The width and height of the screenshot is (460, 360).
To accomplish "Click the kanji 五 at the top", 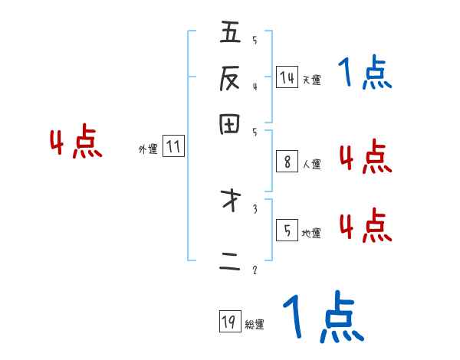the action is coord(229,33).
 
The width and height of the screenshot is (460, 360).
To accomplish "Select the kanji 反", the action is coord(229,78).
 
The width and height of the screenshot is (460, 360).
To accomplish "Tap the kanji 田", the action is coord(229,124).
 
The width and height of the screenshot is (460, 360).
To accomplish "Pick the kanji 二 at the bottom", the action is coord(229,262).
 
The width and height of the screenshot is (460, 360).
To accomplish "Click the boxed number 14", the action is coord(286,77).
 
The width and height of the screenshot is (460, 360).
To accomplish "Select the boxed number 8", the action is coord(286,162).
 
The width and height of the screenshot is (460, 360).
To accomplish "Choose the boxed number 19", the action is coord(228,322).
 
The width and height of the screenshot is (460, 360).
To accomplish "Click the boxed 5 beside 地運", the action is coord(286,231).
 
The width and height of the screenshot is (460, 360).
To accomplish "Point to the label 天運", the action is coord(311,80).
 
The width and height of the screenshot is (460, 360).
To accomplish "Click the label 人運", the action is coord(311,164).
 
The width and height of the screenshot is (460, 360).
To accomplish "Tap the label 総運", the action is coord(255,325).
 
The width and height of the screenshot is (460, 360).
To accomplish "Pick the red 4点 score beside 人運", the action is coord(365,158).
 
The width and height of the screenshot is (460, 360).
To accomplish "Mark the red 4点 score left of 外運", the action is coord(76,143).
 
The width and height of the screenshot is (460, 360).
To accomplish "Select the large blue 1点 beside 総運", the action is coord(322,316).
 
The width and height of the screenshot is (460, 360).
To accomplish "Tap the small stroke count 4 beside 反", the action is coord(255,86).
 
